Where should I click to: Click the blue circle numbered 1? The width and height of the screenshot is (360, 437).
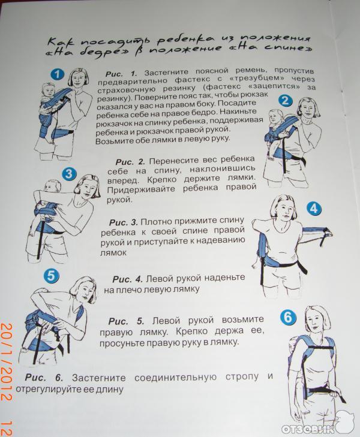[x=58, y=74]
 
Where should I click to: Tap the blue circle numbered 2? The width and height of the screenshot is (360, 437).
[x=285, y=100]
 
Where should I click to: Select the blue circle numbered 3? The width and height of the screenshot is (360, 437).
[x=69, y=174]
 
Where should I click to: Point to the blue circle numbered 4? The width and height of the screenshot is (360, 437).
[x=314, y=209]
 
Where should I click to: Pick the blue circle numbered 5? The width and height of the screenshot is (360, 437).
[x=51, y=276]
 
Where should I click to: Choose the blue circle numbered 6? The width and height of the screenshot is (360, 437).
[x=287, y=318]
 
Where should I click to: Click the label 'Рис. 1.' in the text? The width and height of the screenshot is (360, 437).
[x=121, y=74]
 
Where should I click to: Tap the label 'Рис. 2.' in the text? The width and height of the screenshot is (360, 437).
[x=130, y=162]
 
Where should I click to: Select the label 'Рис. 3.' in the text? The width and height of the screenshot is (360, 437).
[x=123, y=222]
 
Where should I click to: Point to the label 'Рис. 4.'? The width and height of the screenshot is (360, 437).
[x=127, y=279]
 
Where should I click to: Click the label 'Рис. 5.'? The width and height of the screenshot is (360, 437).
[x=127, y=321]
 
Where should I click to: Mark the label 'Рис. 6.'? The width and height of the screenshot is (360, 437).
[x=44, y=378]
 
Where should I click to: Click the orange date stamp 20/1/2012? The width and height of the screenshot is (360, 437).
[x=6, y=361]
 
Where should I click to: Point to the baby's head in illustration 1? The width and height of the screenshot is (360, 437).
[x=48, y=89]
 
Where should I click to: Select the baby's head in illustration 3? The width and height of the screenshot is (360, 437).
[x=52, y=186]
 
